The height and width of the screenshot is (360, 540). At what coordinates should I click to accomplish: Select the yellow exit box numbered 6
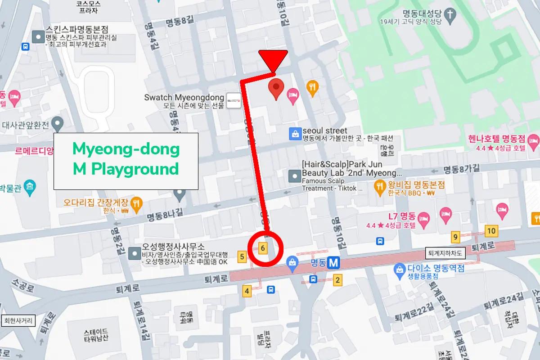point(264,247)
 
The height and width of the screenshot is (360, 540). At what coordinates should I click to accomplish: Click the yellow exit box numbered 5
point(243,257)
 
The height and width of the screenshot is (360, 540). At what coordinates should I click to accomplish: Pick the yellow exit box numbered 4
point(247,291)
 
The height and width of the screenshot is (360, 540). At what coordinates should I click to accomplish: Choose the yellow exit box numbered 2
point(337,281)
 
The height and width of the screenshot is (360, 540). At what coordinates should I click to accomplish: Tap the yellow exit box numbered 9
point(456,237)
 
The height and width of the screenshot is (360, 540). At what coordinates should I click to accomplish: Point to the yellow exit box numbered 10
point(491,231)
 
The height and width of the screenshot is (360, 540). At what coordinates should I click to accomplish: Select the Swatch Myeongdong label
point(184,97)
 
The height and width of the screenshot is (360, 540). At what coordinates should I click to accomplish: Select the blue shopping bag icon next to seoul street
point(294,134)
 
